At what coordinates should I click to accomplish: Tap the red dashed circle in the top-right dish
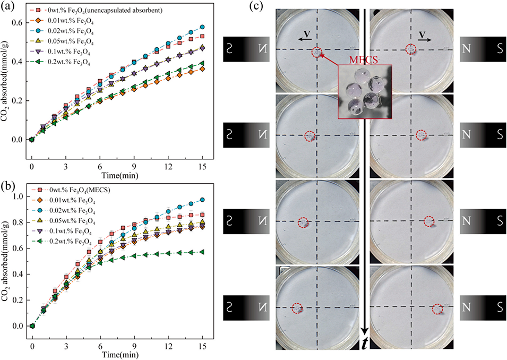coord(410,49)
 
